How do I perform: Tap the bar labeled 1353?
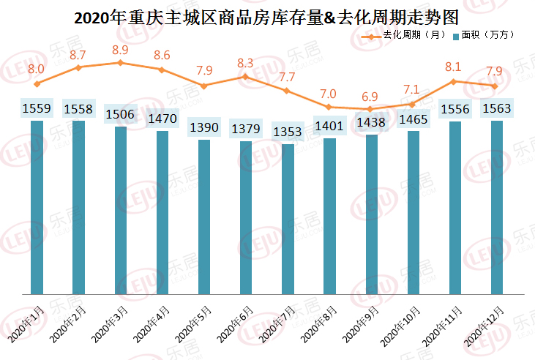tap(288, 220)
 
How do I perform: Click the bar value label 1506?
tap(120, 114)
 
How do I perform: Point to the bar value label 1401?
tap(329, 127)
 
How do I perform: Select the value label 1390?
tap(204, 127)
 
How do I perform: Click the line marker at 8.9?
tap(120, 63)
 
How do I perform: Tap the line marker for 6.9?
tap(371, 109)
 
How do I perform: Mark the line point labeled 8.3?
tap(246, 76)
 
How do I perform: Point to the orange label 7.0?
tap(329, 94)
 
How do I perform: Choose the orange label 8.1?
tap(454, 67)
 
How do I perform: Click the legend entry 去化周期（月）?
tap(410, 35)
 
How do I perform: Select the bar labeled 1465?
tap(413, 213)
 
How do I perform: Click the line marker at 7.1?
tap(413, 105)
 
